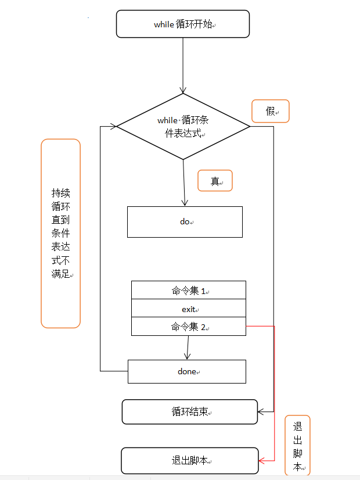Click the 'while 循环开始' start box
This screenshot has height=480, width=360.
tap(183, 24)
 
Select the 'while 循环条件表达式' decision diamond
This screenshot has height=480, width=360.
tap(183, 127)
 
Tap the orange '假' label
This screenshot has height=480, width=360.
tap(270, 111)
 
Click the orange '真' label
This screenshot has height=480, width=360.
tap(215, 181)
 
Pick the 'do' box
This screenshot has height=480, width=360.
tap(185, 221)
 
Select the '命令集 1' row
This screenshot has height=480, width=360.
tap(189, 290)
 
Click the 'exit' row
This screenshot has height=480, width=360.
tap(189, 309)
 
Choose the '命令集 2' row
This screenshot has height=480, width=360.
tap(189, 327)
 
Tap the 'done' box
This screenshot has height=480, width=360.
tap(186, 371)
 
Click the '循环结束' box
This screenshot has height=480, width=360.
tap(189, 411)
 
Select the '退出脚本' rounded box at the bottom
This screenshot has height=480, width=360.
tap(190, 460)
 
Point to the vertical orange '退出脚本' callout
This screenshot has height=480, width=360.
tap(297, 445)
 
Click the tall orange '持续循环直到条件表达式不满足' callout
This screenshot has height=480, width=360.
tap(60, 233)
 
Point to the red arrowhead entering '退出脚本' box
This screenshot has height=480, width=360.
tap(262, 460)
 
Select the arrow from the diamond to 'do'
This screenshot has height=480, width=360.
tap(184, 182)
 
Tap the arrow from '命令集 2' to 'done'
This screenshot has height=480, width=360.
tap(188, 348)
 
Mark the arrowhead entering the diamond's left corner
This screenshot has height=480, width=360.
tap(113, 126)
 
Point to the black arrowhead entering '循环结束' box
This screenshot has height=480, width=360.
tap(261, 411)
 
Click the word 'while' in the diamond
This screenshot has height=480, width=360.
tap(167, 120)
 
